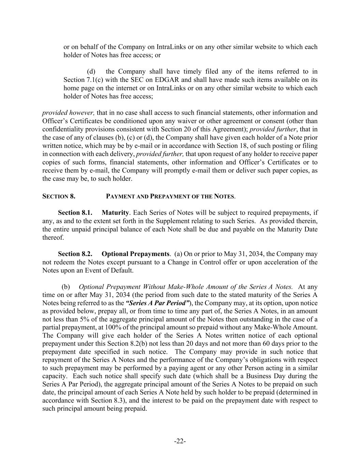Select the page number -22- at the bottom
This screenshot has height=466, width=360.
click(180, 441)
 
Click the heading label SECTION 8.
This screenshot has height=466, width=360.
click(59, 196)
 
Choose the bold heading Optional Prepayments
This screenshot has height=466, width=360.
click(135, 254)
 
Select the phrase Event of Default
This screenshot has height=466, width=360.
click(114, 270)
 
